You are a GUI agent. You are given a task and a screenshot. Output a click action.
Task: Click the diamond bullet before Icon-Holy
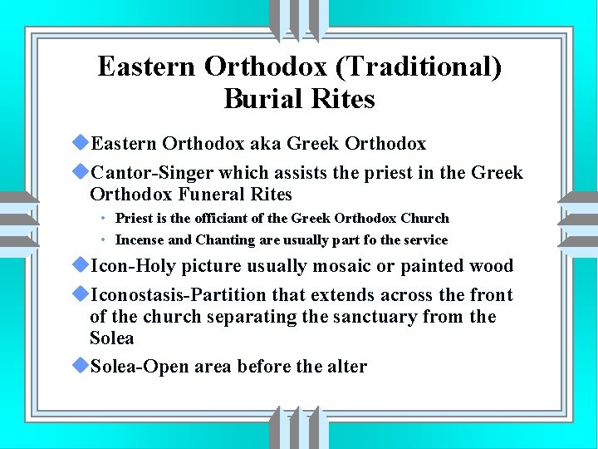coord(81,265)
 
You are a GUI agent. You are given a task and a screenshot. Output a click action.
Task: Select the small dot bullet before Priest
coord(100,219)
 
